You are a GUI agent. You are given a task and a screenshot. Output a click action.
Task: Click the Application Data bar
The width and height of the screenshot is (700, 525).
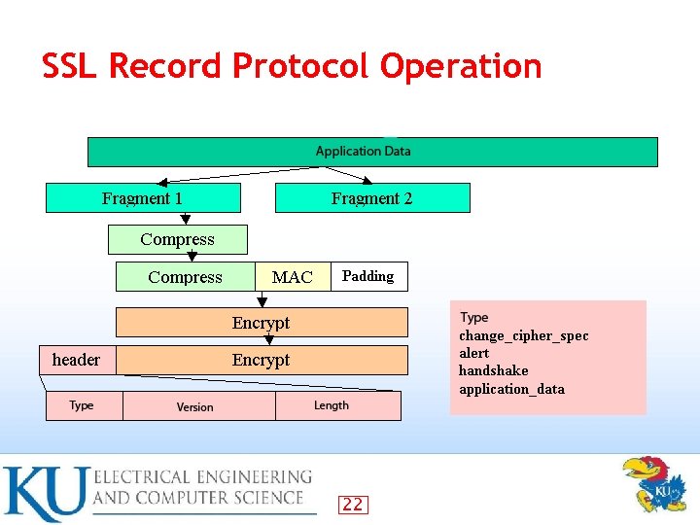pyautogui.click(x=372, y=152)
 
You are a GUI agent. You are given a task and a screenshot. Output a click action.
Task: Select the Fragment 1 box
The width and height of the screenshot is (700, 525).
pyautogui.click(x=143, y=198)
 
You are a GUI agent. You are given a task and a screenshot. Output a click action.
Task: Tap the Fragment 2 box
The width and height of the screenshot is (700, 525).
pyautogui.click(x=372, y=198)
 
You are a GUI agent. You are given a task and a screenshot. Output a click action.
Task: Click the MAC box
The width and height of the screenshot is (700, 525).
pyautogui.click(x=292, y=277)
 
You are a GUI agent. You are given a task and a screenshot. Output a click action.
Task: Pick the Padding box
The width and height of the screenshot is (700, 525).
pyautogui.click(x=368, y=276)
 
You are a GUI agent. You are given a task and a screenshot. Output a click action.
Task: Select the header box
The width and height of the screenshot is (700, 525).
pyautogui.click(x=76, y=360)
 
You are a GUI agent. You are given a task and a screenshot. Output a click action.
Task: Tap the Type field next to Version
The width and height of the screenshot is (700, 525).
pyautogui.click(x=84, y=405)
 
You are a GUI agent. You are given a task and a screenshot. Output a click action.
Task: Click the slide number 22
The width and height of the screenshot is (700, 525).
pyautogui.click(x=352, y=504)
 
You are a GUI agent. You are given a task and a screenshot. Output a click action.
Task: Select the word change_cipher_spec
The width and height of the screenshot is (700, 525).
pyautogui.click(x=523, y=335)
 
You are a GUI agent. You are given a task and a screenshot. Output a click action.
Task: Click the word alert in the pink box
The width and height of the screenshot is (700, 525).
pyautogui.click(x=474, y=353)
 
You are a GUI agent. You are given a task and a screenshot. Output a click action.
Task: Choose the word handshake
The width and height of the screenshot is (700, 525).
pyautogui.click(x=493, y=370)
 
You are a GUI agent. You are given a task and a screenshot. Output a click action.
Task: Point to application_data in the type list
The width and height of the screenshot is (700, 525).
pyautogui.click(x=511, y=389)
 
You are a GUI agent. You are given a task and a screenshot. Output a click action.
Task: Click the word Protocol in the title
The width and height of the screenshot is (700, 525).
pyautogui.click(x=302, y=66)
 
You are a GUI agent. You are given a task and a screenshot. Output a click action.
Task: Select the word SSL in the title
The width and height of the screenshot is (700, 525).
pyautogui.click(x=71, y=66)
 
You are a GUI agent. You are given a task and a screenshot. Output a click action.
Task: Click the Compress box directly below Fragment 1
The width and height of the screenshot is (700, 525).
pyautogui.click(x=178, y=239)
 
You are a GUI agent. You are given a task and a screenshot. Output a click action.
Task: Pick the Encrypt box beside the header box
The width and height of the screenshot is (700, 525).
pyautogui.click(x=262, y=360)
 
